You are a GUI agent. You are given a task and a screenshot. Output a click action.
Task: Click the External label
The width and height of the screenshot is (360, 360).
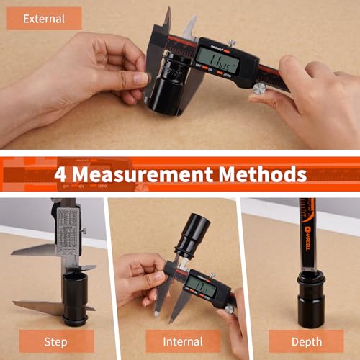[45, 19]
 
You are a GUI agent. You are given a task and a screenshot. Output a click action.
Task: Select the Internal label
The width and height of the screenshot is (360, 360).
[184, 341]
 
